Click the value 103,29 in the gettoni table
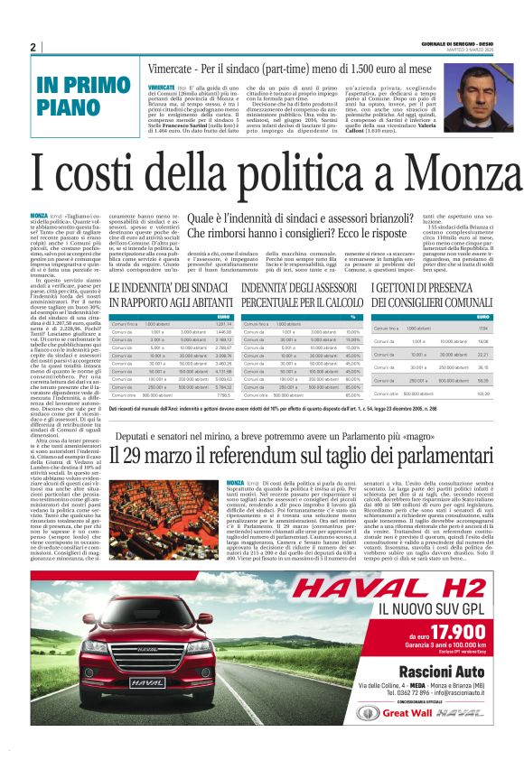[483, 394]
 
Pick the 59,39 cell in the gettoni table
[483, 381]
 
